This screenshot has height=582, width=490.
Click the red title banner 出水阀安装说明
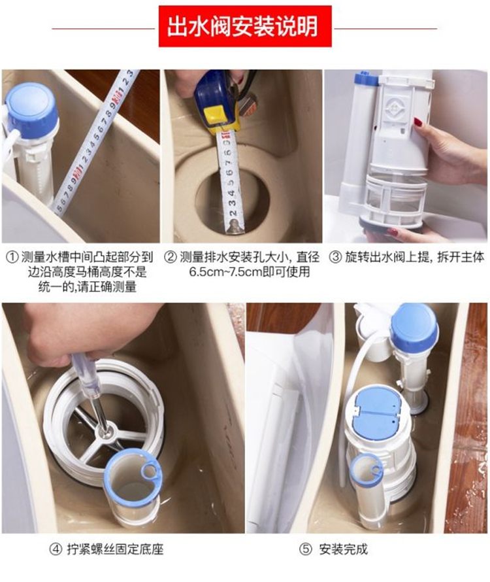click(245, 26)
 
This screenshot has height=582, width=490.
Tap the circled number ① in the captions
click(13, 257)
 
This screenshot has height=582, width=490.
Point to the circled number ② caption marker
click(171, 257)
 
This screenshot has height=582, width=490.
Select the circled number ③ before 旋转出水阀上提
click(335, 257)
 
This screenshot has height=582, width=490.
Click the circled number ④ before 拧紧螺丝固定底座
click(56, 549)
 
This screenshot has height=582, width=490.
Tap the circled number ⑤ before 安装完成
click(305, 549)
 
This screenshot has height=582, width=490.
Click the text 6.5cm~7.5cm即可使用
click(250, 271)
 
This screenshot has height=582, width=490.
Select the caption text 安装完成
click(343, 549)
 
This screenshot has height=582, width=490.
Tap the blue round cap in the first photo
click(32, 107)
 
